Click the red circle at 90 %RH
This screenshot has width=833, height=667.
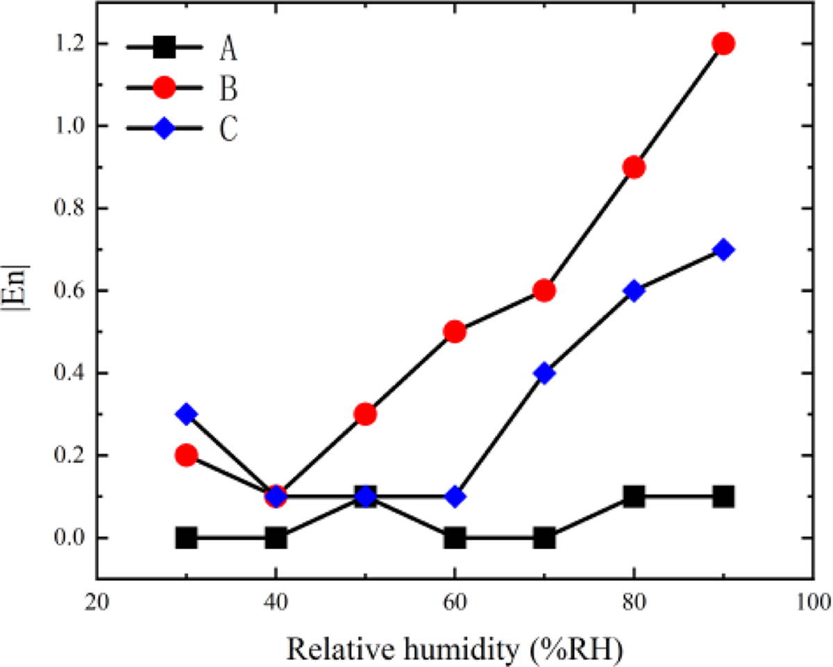723,44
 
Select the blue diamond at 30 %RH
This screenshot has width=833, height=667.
186,414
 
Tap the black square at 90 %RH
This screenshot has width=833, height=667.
723,497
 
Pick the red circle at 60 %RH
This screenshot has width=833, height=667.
455,332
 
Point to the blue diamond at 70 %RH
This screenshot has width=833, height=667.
544,373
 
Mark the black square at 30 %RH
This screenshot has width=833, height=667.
186,538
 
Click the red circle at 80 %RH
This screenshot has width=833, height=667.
634,167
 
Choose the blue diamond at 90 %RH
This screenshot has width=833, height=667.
723,250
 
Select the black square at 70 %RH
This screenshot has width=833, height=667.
544,538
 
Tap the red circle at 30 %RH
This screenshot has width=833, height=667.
186,455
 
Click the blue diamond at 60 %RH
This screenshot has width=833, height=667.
455,497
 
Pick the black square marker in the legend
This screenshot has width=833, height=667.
165,48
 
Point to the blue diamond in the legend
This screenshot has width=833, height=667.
165,129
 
